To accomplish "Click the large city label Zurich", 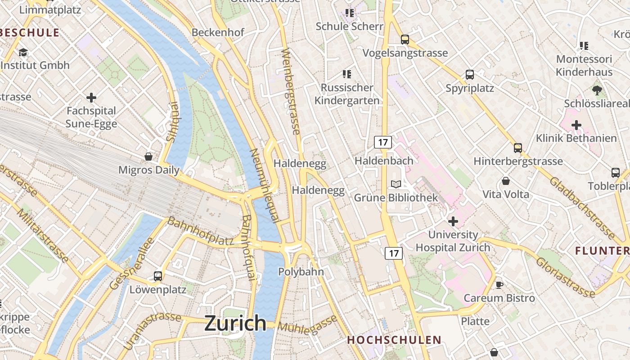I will (x=235, y=323).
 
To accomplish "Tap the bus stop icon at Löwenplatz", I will (x=158, y=276).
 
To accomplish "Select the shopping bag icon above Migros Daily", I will (x=148, y=157).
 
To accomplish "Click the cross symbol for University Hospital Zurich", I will (x=453, y=221).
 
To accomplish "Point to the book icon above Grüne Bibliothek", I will (x=396, y=184).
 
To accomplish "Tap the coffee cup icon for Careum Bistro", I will (x=499, y=284).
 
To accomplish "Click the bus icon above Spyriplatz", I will (x=470, y=74).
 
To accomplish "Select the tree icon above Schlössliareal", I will (x=597, y=90).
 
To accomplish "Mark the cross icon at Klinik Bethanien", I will (x=576, y=125).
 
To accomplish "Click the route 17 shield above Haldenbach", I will (x=383, y=142).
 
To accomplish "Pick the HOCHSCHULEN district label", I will (x=394, y=340).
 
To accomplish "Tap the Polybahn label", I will (x=301, y=272).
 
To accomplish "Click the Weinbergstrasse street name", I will (x=291, y=92).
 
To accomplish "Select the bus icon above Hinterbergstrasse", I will (x=518, y=148).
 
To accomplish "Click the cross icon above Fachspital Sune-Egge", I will (x=91, y=97).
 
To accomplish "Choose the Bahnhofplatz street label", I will (x=201, y=231).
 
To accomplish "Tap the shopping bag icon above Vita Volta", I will (x=506, y=181).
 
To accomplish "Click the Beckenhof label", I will (x=218, y=32).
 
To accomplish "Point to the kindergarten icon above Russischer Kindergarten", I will (x=346, y=74).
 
